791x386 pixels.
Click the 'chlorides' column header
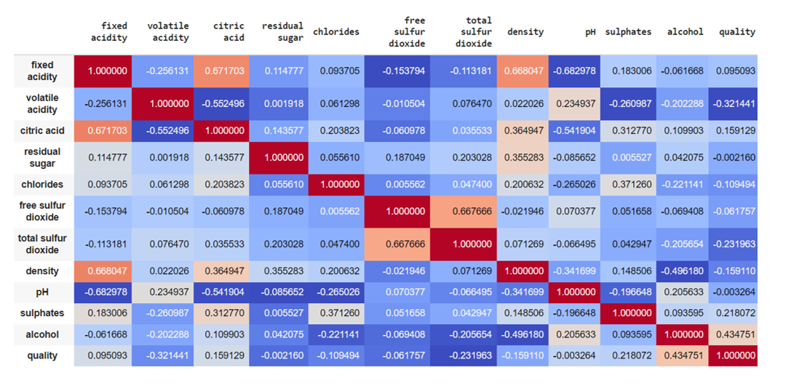(335, 32)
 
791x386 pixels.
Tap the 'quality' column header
(736, 32)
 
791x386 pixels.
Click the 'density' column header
(525, 32)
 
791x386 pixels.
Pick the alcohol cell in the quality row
(680, 356)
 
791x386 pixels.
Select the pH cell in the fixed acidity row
(575, 71)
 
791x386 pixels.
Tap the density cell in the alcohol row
(523, 335)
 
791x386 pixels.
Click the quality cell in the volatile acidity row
(733, 104)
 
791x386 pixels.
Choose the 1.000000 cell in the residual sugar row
(278, 158)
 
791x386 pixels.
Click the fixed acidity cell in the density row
(103, 270)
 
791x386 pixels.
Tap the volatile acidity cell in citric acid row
(163, 131)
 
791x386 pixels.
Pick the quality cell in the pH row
(733, 292)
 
